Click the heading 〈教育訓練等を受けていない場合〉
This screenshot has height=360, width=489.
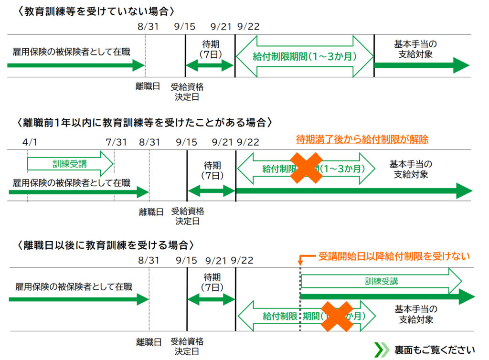[x=96, y=11]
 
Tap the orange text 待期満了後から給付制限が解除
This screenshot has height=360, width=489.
[x=362, y=139]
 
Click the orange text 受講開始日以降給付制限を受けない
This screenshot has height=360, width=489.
[x=394, y=256]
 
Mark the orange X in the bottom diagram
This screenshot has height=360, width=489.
[x=337, y=316]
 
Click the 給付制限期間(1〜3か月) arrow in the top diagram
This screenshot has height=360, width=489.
[x=304, y=56]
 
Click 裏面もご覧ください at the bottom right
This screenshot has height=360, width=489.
[x=434, y=349]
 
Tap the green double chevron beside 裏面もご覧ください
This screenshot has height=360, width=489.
[x=381, y=349]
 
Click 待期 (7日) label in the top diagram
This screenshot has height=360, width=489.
[x=211, y=49]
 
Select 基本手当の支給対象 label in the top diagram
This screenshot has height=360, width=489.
[x=415, y=49]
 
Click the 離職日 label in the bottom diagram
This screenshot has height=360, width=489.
[x=149, y=342]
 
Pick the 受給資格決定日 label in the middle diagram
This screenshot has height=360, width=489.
[x=187, y=216]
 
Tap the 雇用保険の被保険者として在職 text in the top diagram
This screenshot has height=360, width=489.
[x=71, y=52]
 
